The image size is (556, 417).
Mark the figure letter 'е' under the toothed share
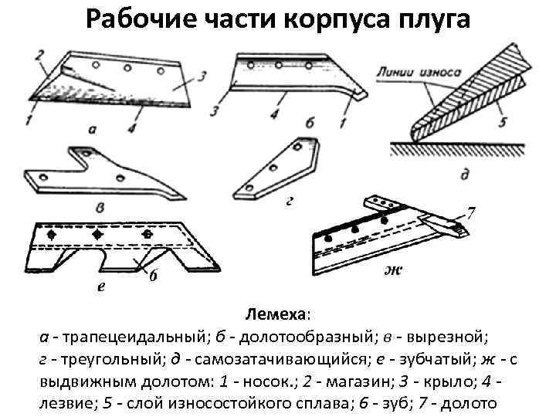101,286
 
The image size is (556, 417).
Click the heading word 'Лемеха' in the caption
276,316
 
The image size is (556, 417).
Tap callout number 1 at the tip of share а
29,119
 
